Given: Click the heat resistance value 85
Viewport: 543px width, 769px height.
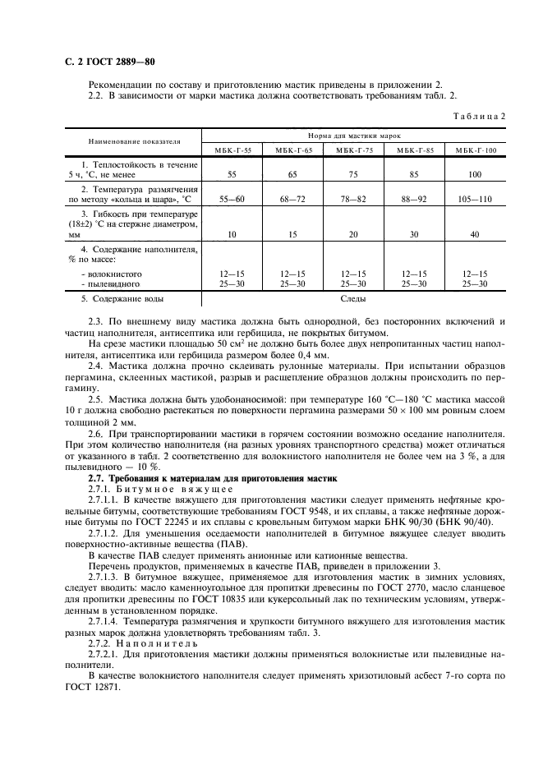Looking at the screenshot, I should (x=414, y=175).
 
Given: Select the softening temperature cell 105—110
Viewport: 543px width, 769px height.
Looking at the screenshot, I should (x=475, y=198).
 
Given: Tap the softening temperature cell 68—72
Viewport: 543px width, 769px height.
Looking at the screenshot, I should (x=292, y=198).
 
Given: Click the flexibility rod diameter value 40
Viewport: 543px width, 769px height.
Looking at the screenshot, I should (x=475, y=234).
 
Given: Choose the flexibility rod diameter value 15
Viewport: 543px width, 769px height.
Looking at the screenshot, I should (x=292, y=234).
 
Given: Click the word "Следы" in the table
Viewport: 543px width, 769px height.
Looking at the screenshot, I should (x=353, y=300).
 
